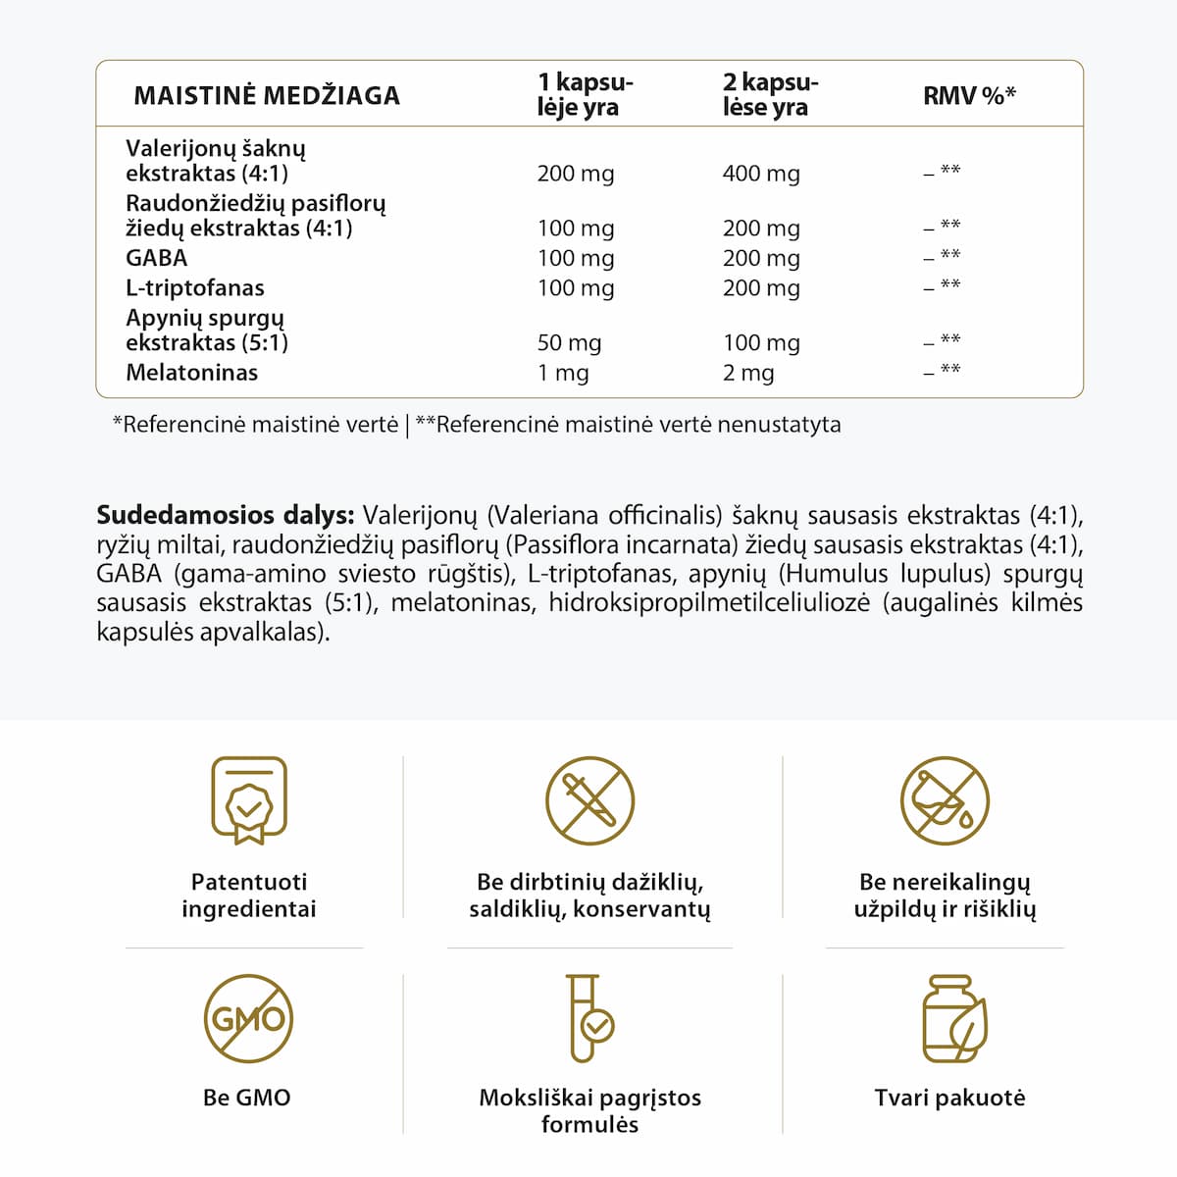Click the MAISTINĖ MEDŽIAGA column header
[267, 95]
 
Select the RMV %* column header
[969, 95]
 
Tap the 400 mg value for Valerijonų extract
[761, 174]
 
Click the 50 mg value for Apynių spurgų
[569, 342]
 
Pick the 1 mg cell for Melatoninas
[563, 373]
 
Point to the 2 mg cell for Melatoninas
[748, 373]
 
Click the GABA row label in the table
[157, 258]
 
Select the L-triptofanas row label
[195, 288]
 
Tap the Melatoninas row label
[192, 373]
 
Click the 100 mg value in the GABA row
[576, 258]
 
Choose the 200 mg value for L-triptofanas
[761, 288]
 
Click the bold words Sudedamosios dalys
[225, 515]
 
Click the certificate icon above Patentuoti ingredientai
[249, 800]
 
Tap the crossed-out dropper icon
[589, 800]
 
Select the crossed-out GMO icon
[248, 1018]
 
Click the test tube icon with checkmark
[589, 1018]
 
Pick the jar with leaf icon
[953, 1018]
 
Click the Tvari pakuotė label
[949, 1098]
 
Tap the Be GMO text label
[247, 1098]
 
